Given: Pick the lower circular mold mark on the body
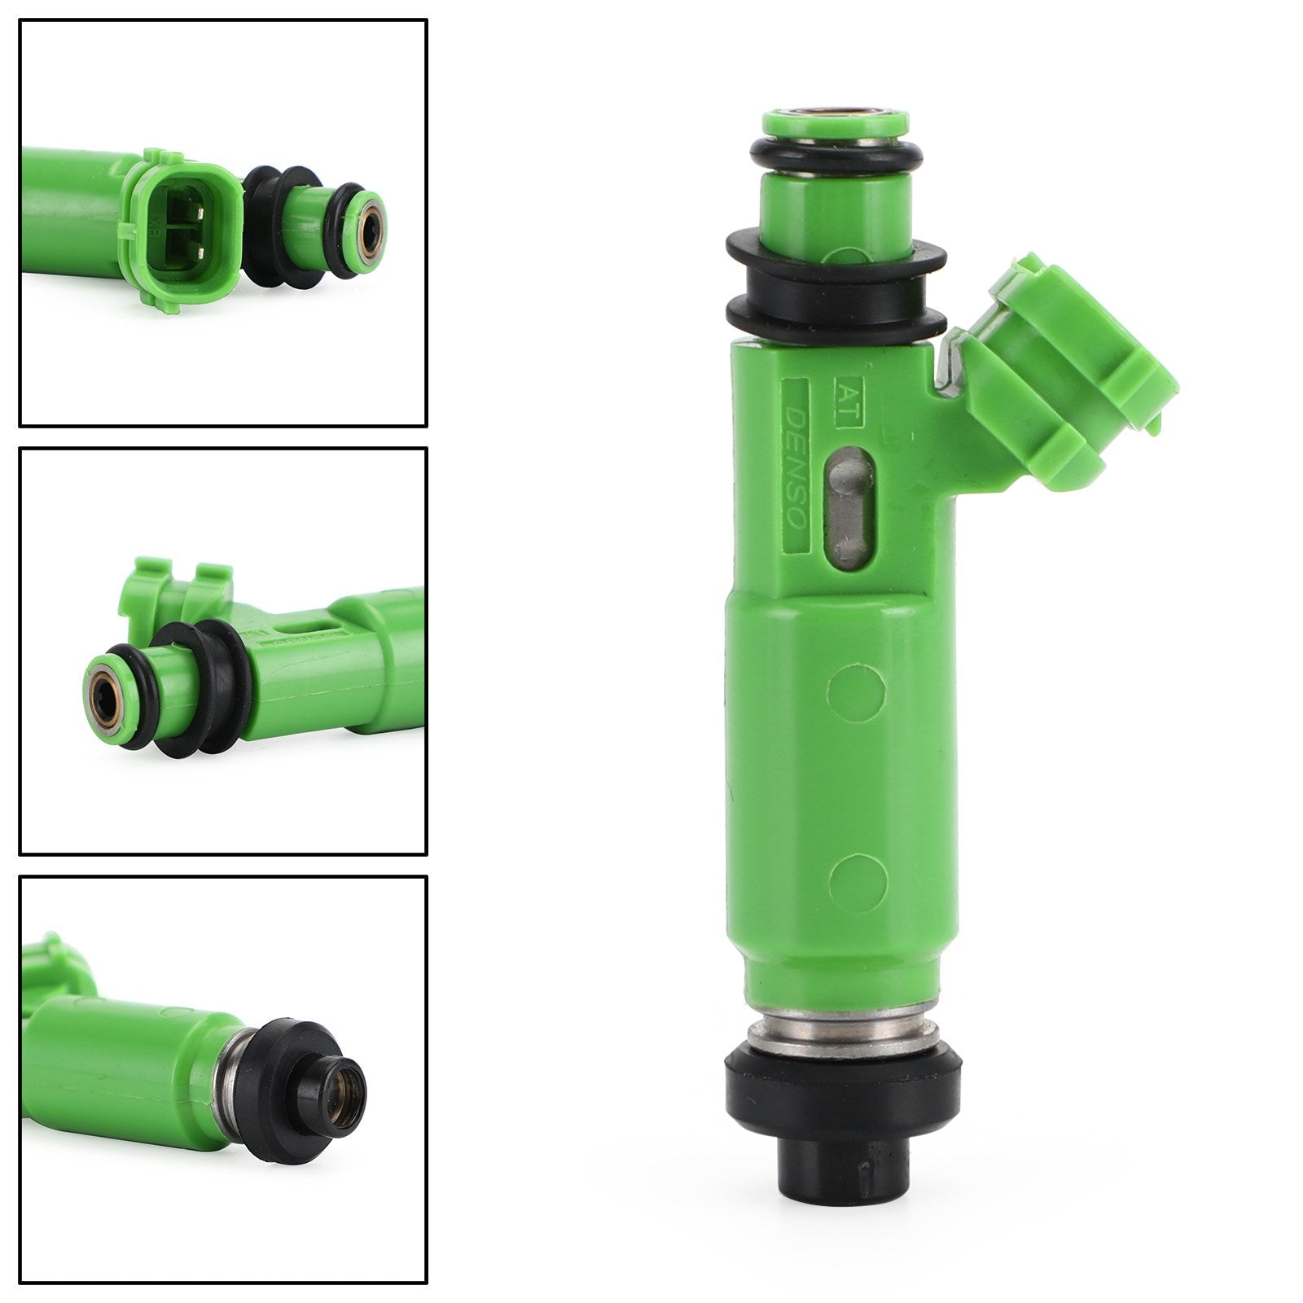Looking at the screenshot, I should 858,880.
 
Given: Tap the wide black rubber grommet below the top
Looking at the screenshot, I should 836,281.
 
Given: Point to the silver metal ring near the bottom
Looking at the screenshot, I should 844,1028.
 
